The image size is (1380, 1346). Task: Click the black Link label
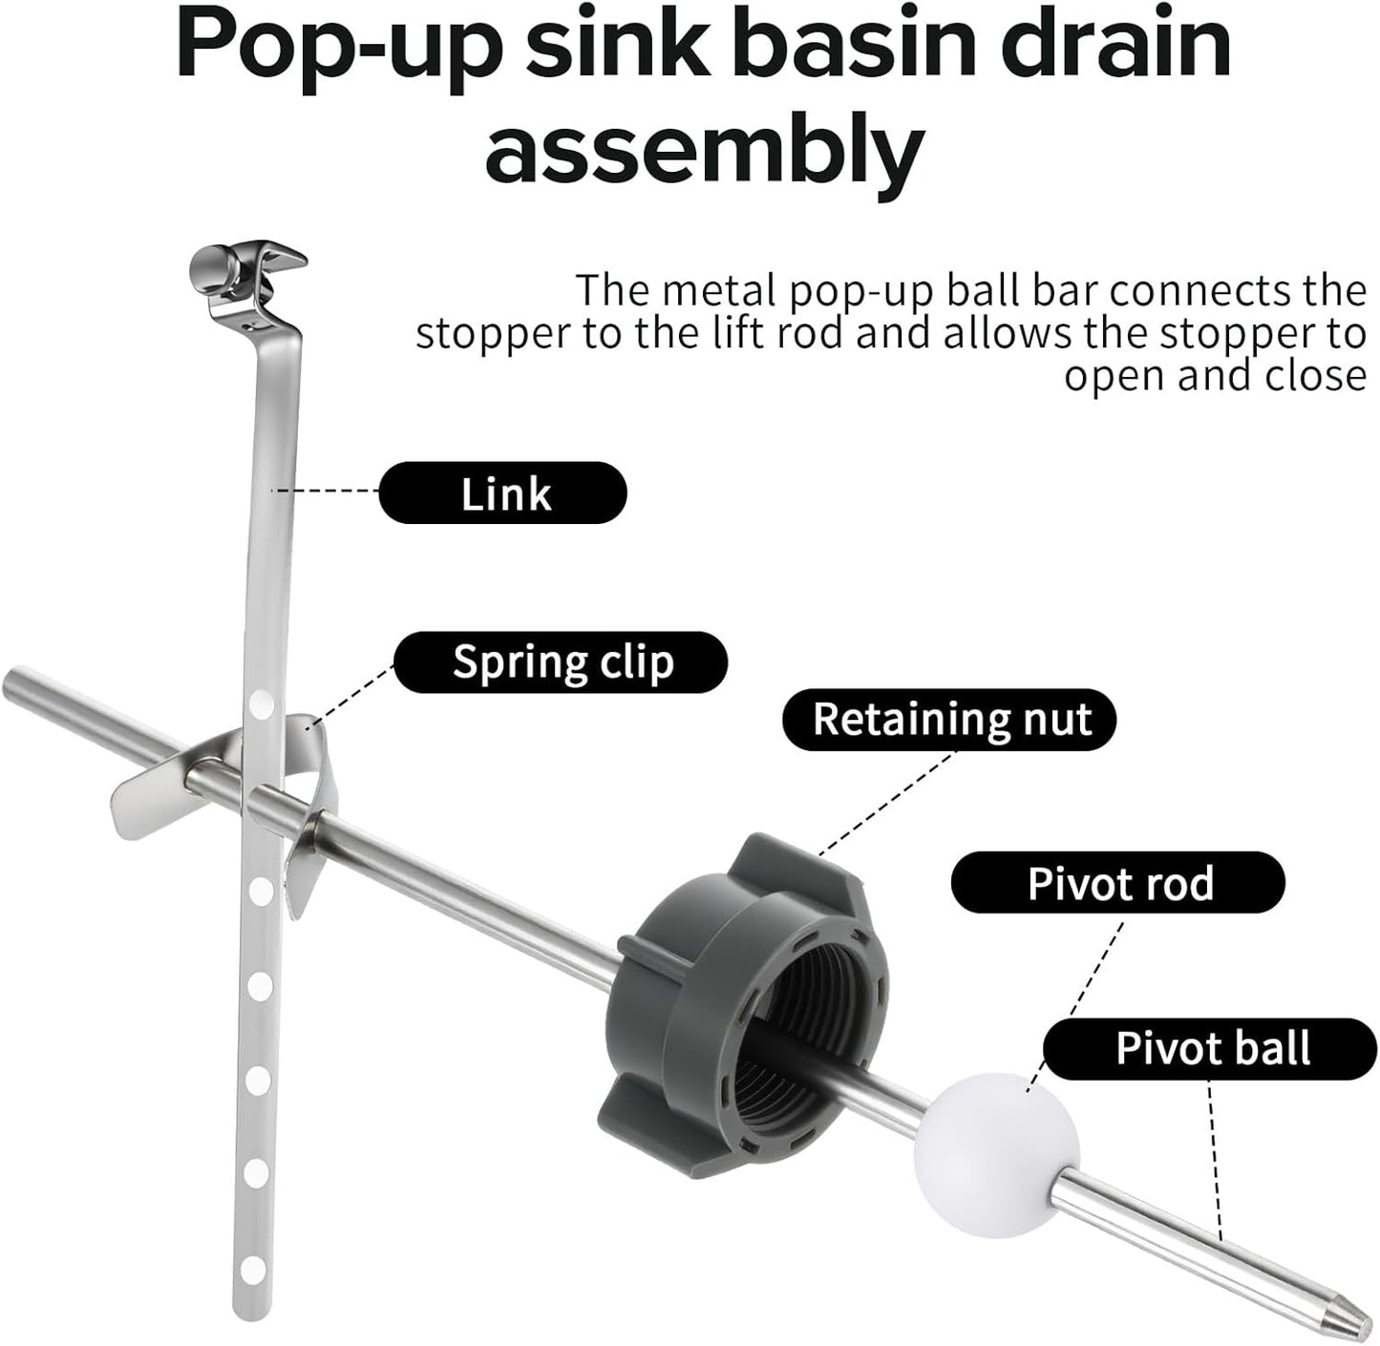[502, 493]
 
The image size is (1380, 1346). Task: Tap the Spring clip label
[561, 662]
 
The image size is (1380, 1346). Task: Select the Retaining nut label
[949, 720]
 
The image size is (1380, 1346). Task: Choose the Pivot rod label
[1118, 882]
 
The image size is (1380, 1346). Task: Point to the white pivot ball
[996, 1156]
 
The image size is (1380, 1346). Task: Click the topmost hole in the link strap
[262, 703]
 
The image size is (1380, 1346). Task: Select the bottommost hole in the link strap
[252, 1270]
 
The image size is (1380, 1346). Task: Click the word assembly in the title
[705, 151]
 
